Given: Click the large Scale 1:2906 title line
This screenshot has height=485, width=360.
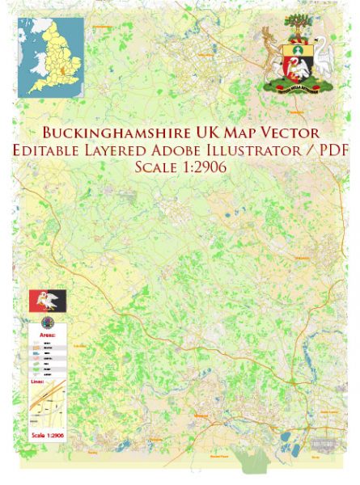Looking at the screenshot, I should coord(180,168).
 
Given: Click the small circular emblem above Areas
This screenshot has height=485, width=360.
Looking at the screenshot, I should coord(44,321).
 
